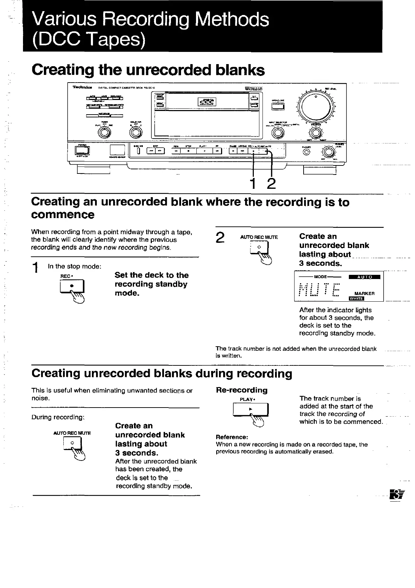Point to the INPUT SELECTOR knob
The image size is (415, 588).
click(x=277, y=132)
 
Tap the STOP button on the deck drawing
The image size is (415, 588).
click(x=188, y=151)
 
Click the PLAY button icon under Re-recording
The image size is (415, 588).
click(x=250, y=409)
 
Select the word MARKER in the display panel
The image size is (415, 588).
click(x=364, y=293)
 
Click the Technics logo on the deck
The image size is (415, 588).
click(x=83, y=87)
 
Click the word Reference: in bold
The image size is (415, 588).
click(x=232, y=437)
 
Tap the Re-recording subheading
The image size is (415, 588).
click(x=242, y=390)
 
